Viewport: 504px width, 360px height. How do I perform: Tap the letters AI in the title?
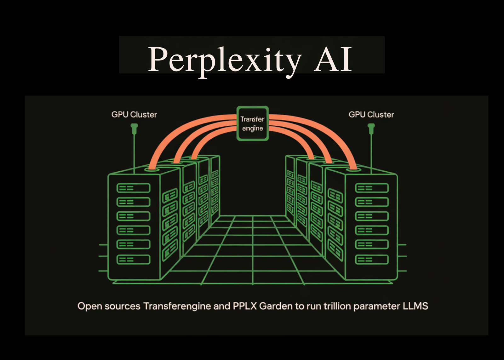click(333, 59)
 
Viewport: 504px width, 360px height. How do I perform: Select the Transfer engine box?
click(252, 123)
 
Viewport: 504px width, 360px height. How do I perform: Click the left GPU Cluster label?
click(134, 115)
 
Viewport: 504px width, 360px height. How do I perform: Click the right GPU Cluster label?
click(371, 115)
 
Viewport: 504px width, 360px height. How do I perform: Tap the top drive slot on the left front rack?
click(134, 188)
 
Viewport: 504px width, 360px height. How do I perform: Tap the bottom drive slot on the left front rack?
click(134, 260)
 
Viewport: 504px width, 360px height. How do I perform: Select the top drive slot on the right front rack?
click(372, 188)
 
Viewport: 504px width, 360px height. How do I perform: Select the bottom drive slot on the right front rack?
click(372, 260)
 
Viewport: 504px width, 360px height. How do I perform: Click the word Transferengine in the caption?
click(177, 306)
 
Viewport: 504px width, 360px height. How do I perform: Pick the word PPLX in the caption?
click(245, 306)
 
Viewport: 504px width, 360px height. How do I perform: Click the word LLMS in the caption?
click(415, 306)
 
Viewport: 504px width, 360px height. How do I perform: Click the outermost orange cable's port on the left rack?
click(152, 169)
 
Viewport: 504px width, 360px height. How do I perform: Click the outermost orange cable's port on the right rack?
click(353, 169)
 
